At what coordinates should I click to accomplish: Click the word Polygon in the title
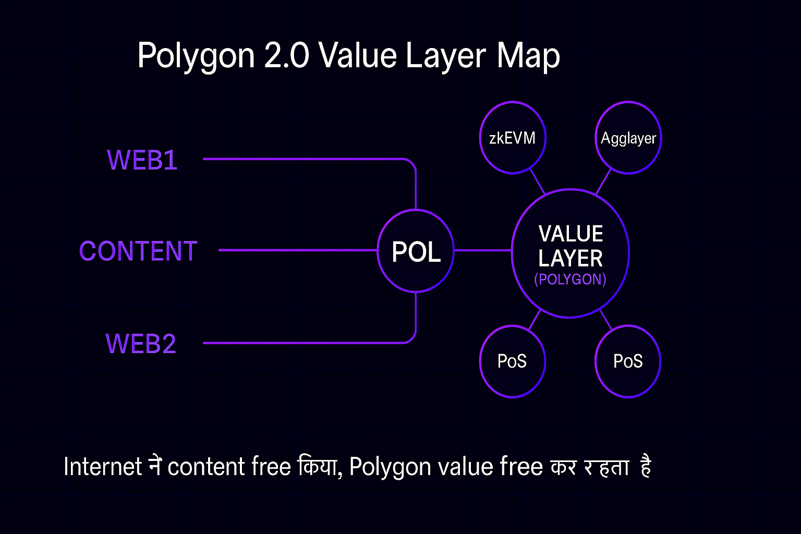click(196, 56)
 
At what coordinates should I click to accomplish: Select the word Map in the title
click(528, 56)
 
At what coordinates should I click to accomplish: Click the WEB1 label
click(142, 160)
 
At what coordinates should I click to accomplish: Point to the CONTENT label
click(138, 251)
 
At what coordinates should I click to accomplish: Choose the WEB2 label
click(141, 344)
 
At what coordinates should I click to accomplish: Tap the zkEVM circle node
click(512, 138)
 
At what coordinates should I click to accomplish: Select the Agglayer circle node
click(628, 138)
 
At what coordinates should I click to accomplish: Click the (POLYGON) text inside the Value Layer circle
click(570, 280)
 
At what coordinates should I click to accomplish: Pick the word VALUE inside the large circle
click(571, 234)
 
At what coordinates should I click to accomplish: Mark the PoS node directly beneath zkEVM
click(512, 361)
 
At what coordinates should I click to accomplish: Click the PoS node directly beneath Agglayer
click(628, 361)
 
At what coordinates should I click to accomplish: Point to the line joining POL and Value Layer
click(482, 250)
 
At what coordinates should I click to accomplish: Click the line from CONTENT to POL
click(297, 250)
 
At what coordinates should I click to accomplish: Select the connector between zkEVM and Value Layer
click(537, 181)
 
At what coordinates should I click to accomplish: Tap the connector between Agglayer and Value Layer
click(603, 182)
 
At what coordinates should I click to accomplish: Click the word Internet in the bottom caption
click(103, 466)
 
